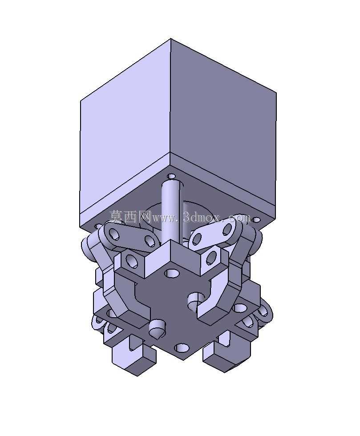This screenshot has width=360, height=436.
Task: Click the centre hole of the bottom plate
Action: pyautogui.click(x=171, y=273)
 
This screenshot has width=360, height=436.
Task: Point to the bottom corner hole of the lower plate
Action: pyautogui.click(x=182, y=347)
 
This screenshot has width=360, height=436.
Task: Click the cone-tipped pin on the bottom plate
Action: pyautogui.click(x=157, y=329)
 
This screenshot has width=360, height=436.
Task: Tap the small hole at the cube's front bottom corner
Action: pyautogui.click(x=172, y=176)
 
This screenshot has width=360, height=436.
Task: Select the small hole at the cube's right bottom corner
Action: pyautogui.click(x=255, y=220)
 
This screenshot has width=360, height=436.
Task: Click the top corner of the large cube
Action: pyautogui.click(x=170, y=39)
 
